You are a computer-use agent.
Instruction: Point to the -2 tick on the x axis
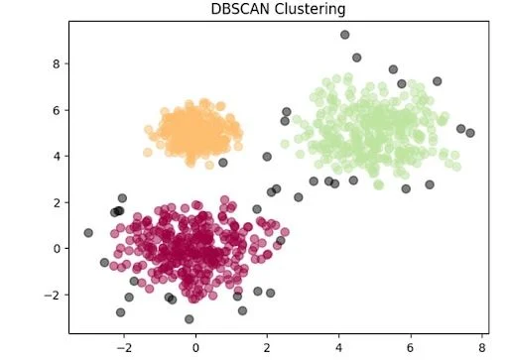124,349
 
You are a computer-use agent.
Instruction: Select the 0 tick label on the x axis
195,349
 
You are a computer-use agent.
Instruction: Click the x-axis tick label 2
267,349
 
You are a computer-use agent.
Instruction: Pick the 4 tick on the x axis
338,349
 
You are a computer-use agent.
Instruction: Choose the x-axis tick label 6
410,349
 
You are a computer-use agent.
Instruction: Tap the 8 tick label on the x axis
481,349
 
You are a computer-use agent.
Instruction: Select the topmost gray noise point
344,35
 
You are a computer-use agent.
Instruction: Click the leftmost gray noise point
88,233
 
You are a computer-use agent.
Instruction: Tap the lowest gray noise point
190,319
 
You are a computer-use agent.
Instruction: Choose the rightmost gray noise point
470,133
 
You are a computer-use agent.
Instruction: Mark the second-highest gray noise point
357,58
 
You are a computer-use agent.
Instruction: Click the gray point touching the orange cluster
223,163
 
